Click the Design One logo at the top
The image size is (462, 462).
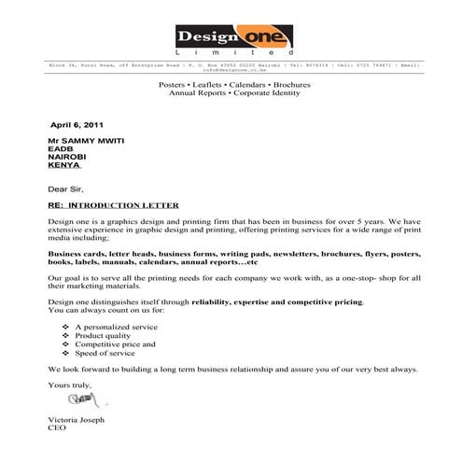[231, 40]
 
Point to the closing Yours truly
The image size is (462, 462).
[67, 385]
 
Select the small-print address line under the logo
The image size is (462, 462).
[231, 67]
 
